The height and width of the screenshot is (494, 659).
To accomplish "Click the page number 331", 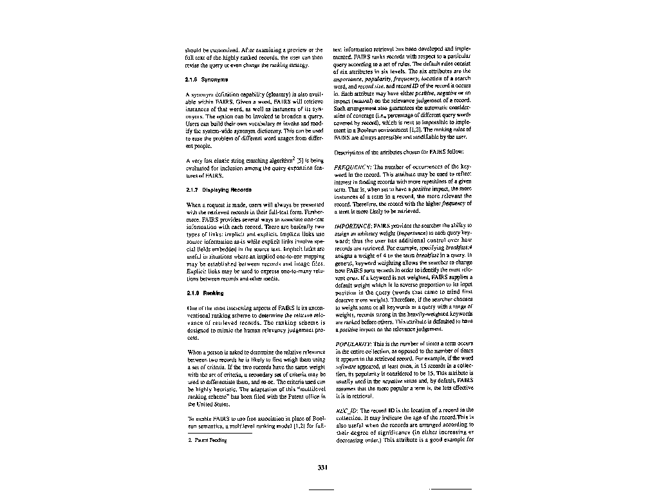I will point(323,467).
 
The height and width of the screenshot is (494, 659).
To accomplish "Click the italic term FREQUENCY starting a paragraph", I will point(351,167).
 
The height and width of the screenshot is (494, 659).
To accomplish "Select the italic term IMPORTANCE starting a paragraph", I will point(353,226).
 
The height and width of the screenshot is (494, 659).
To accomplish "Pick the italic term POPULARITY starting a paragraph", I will point(353,344).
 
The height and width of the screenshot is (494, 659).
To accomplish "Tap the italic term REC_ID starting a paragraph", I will point(345,410).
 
